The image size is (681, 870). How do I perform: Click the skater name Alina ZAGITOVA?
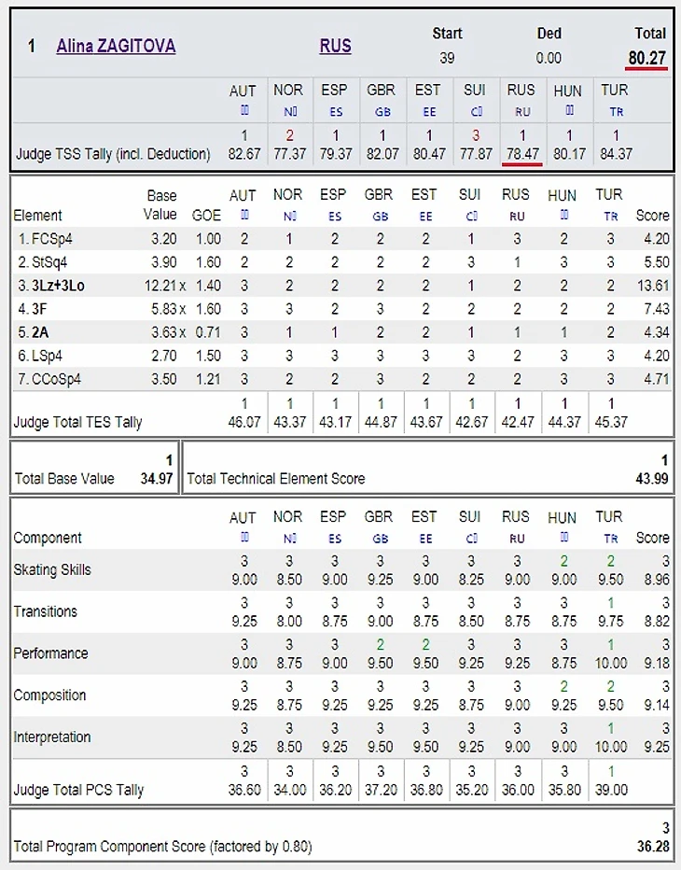click(x=116, y=46)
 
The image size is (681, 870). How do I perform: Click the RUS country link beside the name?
click(x=335, y=46)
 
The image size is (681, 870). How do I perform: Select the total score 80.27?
click(x=646, y=58)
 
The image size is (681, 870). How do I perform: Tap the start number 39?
click(x=447, y=58)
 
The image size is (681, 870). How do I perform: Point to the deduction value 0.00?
click(x=549, y=58)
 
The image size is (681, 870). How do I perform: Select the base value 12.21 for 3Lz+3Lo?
click(x=158, y=286)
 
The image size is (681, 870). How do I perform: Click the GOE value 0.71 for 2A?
click(x=209, y=332)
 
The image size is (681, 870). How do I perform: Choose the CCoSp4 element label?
click(x=48, y=379)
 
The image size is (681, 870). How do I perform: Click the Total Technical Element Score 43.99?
click(x=651, y=479)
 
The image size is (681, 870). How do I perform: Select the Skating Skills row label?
click(x=52, y=569)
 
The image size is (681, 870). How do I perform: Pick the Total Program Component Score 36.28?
click(x=651, y=847)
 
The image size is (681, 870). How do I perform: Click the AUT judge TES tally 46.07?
click(x=243, y=422)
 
